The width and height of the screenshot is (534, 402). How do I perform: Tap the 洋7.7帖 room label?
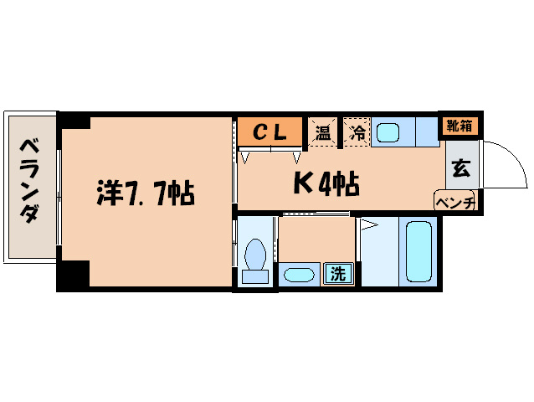pyautogui.click(x=144, y=194)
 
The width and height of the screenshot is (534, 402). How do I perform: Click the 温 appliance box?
pyautogui.click(x=322, y=132)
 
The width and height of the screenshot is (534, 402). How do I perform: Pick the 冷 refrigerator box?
pyautogui.click(x=357, y=132)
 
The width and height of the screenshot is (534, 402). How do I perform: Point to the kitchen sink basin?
pyautogui.click(x=388, y=131)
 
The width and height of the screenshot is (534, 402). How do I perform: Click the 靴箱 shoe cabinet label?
pyautogui.click(x=459, y=126)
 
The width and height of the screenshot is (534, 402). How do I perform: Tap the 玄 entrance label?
pyautogui.click(x=460, y=167)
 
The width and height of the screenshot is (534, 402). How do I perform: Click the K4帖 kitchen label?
pyautogui.click(x=326, y=183)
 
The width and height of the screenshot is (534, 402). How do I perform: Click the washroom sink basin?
pyautogui.click(x=297, y=274)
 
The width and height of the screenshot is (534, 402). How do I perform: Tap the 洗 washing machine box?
pyautogui.click(x=338, y=272)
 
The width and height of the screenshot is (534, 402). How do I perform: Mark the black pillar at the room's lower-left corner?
pyautogui.click(x=74, y=275)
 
